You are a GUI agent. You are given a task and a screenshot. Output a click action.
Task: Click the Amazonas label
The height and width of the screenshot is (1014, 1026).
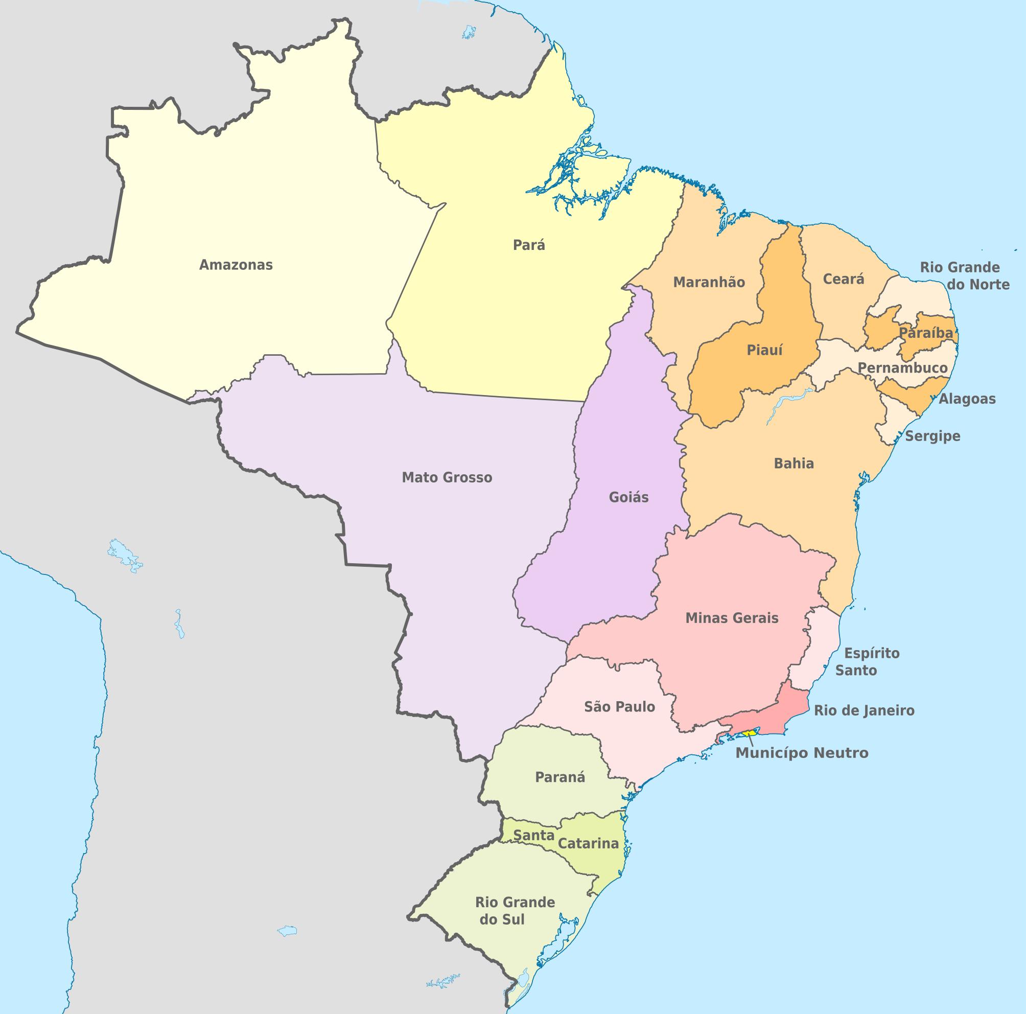(236, 265)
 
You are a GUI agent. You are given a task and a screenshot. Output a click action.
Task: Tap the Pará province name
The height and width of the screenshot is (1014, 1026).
(529, 245)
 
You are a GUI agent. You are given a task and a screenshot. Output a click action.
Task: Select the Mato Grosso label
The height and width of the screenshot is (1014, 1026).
(447, 477)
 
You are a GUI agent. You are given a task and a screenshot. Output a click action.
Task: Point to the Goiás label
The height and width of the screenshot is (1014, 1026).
(629, 498)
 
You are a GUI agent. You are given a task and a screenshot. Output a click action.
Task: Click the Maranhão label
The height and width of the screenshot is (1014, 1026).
(709, 282)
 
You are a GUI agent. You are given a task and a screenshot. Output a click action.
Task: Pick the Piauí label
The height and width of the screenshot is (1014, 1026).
(765, 351)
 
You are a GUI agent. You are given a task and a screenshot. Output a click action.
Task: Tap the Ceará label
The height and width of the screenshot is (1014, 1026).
(843, 279)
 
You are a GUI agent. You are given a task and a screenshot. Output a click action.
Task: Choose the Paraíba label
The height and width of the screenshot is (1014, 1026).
(926, 333)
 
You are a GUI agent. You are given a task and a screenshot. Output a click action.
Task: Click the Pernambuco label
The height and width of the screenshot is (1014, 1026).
(903, 367)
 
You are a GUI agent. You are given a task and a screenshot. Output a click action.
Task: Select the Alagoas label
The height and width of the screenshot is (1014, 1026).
(967, 399)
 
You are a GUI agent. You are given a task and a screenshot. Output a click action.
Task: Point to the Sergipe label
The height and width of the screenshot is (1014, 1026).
(932, 436)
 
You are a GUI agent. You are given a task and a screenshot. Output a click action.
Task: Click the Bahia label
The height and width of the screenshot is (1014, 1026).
(794, 463)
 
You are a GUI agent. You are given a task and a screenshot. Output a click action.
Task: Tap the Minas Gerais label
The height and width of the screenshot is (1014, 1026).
(732, 618)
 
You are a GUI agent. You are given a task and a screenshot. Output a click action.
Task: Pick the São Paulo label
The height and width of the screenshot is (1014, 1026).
(619, 706)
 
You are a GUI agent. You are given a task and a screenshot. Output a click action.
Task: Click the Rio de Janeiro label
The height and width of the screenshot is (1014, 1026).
(864, 710)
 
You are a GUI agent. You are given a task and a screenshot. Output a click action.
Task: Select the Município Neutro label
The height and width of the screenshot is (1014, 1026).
(802, 753)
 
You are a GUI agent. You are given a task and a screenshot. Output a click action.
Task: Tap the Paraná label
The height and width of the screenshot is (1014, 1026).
(559, 777)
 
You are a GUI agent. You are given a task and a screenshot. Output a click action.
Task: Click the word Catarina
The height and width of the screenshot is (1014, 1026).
(589, 843)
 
